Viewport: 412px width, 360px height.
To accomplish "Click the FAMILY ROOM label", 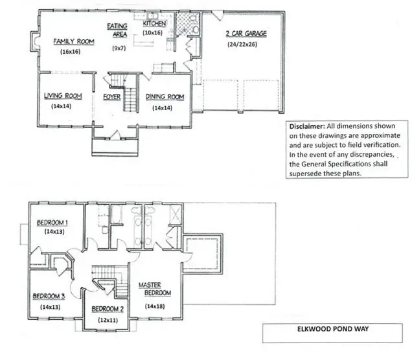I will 74,41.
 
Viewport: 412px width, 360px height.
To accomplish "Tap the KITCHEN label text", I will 155,23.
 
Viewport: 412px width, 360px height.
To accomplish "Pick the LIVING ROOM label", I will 62,96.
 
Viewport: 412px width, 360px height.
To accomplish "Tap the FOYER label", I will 113,97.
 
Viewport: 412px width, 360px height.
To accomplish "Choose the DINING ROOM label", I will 165,97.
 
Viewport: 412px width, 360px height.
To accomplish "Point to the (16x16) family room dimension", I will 70,51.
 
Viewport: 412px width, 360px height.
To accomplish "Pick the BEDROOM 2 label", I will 108,308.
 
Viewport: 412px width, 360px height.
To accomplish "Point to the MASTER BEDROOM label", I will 154,289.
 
